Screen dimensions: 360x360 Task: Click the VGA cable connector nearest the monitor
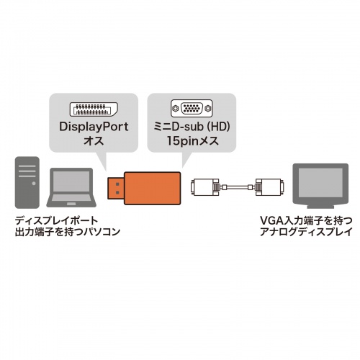click(x=266, y=188)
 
